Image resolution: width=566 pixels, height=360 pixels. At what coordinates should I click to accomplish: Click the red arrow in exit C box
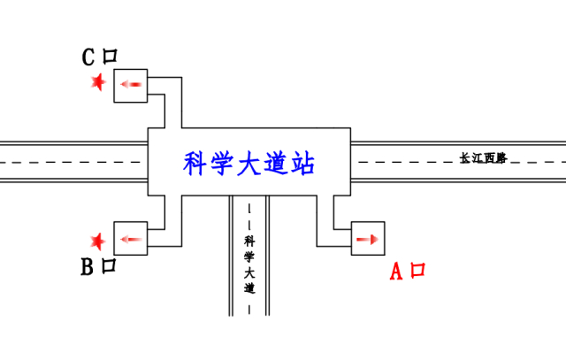pyautogui.click(x=131, y=85)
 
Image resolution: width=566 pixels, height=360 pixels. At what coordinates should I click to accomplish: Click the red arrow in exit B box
pyautogui.click(x=131, y=239)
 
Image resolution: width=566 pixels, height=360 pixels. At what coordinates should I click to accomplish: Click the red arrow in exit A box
pyautogui.click(x=368, y=239)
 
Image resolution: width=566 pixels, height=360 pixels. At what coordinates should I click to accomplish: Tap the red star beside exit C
pyautogui.click(x=98, y=83)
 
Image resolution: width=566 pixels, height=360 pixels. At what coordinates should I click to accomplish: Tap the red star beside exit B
pyautogui.click(x=98, y=240)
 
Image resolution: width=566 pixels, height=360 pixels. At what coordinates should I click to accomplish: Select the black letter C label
pyautogui.click(x=88, y=57)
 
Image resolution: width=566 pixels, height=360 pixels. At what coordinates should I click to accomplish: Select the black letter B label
pyautogui.click(x=88, y=267)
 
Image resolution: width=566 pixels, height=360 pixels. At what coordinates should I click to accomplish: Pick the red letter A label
pyautogui.click(x=397, y=272)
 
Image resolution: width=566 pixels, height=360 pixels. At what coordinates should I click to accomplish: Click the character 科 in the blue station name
pyautogui.click(x=195, y=163)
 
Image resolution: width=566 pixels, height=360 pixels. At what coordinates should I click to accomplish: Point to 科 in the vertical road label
pyautogui.click(x=249, y=240)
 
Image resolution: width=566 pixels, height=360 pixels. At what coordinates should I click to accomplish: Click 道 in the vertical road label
pyautogui.click(x=249, y=288)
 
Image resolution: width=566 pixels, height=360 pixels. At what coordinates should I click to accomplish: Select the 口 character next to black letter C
pyautogui.click(x=110, y=57)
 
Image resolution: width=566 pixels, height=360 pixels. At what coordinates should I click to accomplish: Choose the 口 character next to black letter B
pyautogui.click(x=110, y=266)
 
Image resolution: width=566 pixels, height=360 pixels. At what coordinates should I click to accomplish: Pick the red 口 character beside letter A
pyautogui.click(x=418, y=270)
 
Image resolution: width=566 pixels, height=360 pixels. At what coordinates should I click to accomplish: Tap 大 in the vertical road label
pyautogui.click(x=249, y=272)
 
